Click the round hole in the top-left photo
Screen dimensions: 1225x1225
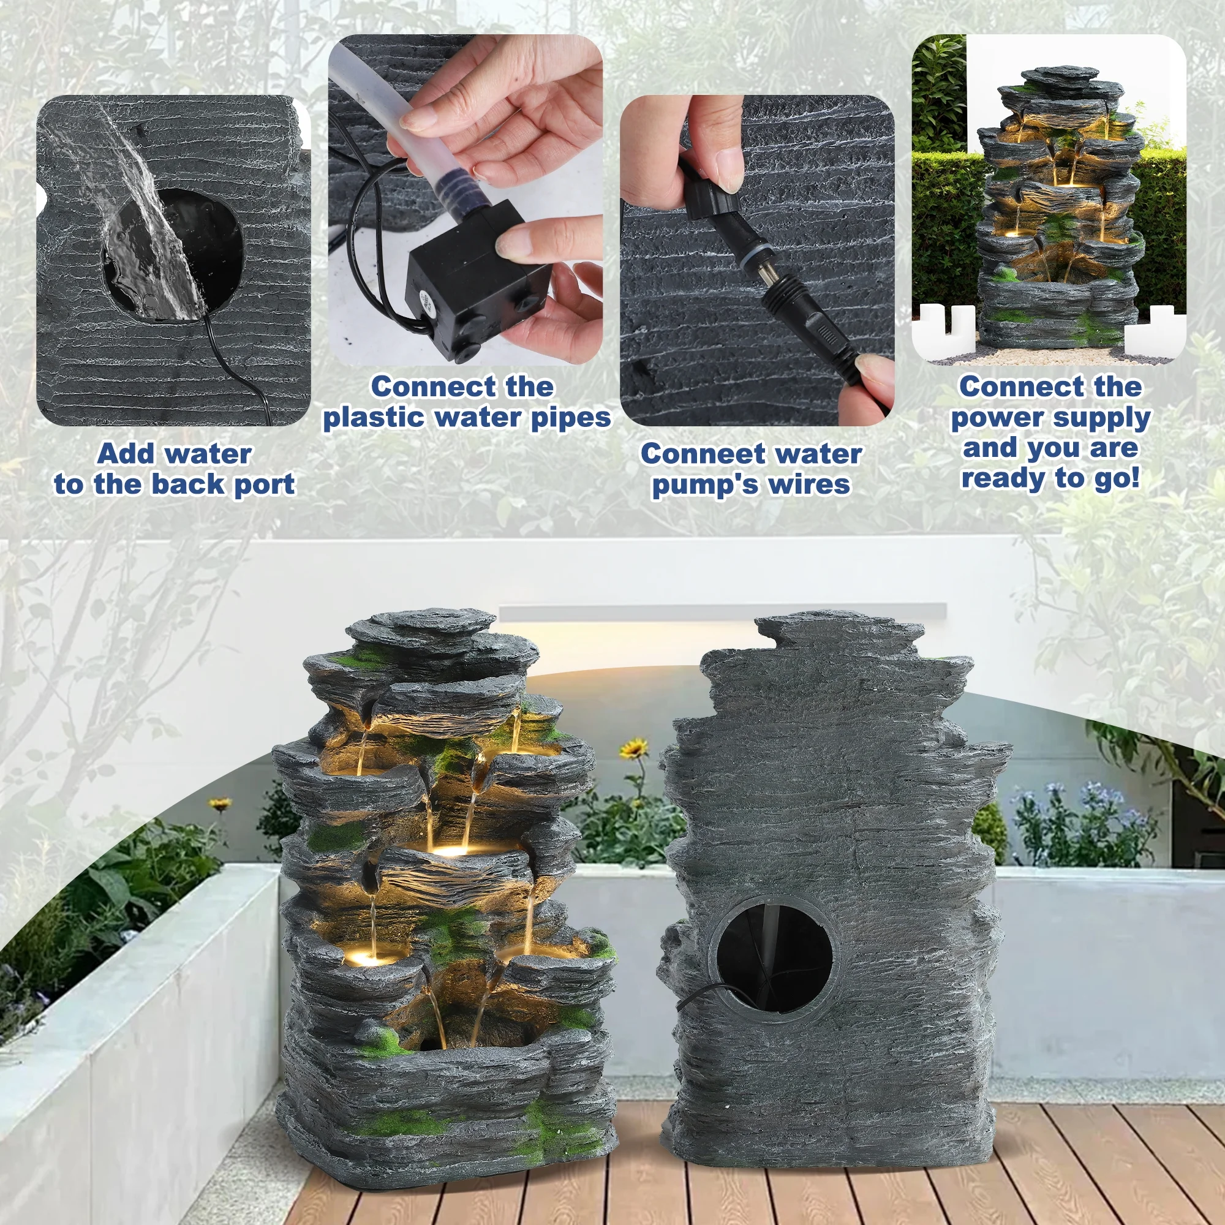173,255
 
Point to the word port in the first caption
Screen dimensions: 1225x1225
265,485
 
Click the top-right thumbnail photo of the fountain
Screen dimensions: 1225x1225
1049,200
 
